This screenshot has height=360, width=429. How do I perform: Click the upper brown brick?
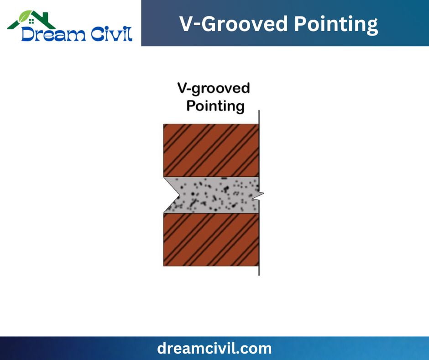point(211,150)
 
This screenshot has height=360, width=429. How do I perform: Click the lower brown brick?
point(211,239)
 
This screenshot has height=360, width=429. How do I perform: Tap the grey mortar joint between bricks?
point(216,195)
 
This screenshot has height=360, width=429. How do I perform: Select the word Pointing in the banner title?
point(336,25)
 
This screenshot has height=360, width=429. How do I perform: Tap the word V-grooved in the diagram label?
point(214,89)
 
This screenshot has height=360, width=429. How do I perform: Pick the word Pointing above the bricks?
point(215,106)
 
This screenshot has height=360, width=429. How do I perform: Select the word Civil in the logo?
point(112,34)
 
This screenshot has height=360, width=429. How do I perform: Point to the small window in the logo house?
point(31,21)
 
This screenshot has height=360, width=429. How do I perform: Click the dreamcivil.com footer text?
point(214,348)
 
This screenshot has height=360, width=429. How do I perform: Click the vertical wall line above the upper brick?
point(259,117)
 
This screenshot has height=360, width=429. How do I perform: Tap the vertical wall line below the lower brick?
point(259,271)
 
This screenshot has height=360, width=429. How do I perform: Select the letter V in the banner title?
point(187,24)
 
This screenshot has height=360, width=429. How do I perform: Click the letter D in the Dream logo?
point(28,34)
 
